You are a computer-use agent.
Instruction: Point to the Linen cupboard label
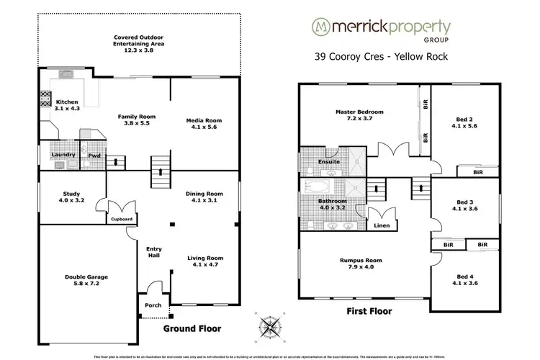click(x=382, y=225)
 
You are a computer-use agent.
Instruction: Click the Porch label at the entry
click(x=153, y=305)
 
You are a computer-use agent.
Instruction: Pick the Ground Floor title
click(x=192, y=328)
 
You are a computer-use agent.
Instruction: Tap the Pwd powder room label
click(x=94, y=155)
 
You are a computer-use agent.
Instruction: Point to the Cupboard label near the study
click(x=122, y=220)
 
